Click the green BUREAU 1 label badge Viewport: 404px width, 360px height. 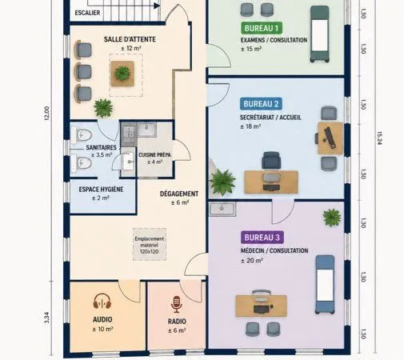262,28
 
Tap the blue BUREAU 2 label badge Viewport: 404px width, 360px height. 261,104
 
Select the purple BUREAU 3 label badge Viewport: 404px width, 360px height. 262,238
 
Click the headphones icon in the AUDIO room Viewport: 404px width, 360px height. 102,301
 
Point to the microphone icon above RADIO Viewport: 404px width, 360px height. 176,304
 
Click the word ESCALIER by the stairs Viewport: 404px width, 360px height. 87,13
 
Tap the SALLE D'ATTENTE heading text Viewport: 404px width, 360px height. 130,39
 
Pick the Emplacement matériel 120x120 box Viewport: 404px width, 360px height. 150,244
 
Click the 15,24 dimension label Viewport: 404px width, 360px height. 380,138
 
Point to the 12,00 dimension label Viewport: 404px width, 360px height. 46,114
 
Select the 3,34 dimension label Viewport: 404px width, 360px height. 46,318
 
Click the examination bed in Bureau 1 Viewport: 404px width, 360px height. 319,34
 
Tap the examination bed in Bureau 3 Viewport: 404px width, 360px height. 325,285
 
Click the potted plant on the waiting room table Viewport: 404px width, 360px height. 122,73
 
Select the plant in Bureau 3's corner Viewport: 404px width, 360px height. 332,218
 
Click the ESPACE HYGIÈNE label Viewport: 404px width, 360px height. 101,190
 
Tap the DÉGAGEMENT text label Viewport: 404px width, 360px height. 179,194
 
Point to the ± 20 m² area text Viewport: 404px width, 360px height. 252,261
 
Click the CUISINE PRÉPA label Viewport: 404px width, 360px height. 154,154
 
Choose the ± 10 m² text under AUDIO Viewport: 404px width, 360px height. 102,329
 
